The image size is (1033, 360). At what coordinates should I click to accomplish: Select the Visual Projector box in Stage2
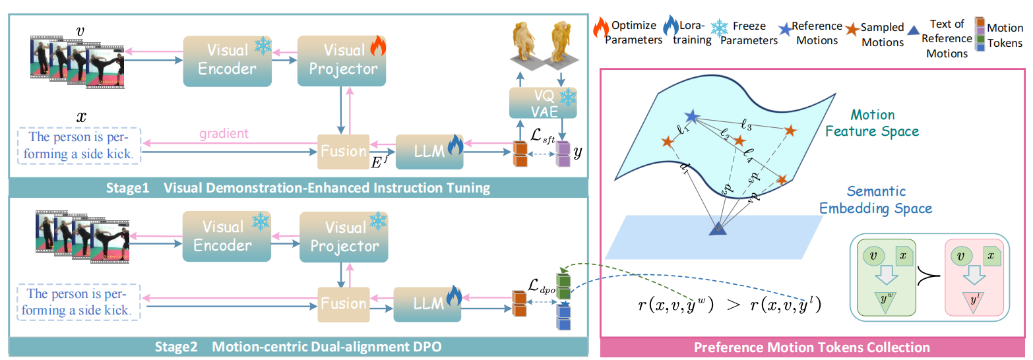coord(344,236)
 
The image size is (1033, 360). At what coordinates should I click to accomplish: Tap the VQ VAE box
coord(542,104)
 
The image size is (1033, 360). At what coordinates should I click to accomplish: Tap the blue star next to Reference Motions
coord(784,29)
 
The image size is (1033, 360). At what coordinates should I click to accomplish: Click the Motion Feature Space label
coord(875,123)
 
